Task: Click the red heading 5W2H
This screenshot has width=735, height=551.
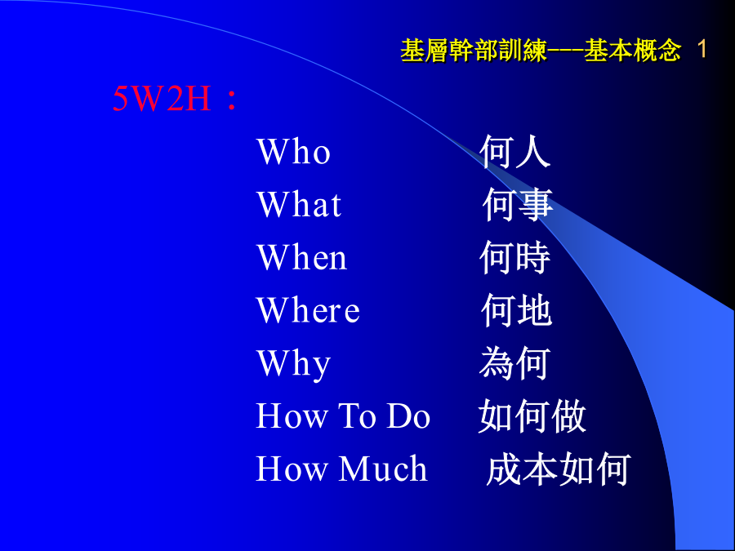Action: tap(162, 99)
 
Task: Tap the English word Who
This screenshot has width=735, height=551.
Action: tap(293, 152)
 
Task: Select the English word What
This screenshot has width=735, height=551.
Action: tap(299, 204)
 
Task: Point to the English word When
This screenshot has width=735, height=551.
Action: tap(302, 257)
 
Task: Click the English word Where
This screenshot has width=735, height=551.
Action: tap(308, 309)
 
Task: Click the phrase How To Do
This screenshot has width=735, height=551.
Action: tap(343, 415)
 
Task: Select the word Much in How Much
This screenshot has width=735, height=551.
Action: tap(383, 469)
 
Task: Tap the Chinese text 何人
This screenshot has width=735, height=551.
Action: tap(514, 151)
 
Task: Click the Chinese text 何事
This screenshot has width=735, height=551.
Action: tap(518, 204)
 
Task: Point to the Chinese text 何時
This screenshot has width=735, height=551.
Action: tap(514, 257)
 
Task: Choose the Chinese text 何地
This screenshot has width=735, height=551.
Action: tap(517, 310)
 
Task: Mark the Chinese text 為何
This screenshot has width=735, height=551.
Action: tap(514, 363)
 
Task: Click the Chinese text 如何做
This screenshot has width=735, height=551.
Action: tap(532, 416)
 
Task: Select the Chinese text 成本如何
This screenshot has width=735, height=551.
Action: tap(559, 469)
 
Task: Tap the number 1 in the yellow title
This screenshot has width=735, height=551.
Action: tap(702, 49)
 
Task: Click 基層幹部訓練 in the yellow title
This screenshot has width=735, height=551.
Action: tap(474, 50)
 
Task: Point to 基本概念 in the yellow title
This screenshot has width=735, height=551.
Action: tap(632, 50)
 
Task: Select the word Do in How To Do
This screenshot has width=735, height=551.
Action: tap(408, 415)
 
